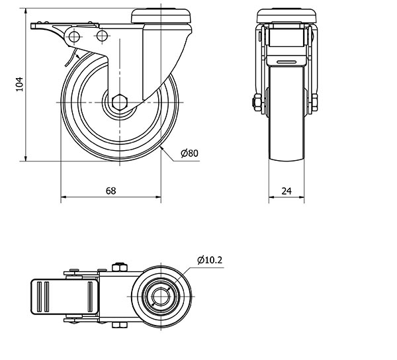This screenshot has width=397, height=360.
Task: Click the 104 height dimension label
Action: [x=19, y=84]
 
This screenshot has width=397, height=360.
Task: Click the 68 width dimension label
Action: [x=110, y=191]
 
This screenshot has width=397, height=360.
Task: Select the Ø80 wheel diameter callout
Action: [x=190, y=153]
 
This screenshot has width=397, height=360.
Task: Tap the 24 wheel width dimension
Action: [x=287, y=191]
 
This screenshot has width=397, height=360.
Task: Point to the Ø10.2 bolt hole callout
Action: [x=210, y=260]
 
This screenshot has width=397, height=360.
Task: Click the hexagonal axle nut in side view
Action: [x=120, y=103]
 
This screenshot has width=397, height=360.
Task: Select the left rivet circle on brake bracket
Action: [x=74, y=36]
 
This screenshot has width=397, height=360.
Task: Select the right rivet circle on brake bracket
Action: [x=102, y=36]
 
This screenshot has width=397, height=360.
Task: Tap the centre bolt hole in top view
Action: [x=161, y=296]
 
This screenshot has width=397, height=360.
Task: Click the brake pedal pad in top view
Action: [x=65, y=296]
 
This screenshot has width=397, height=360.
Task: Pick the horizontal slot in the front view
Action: [x=287, y=62]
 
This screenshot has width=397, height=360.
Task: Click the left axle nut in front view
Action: [x=257, y=103]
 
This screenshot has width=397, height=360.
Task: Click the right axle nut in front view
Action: [x=314, y=103]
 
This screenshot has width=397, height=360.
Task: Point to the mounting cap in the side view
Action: [x=161, y=16]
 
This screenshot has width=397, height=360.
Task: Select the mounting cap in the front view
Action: [x=287, y=16]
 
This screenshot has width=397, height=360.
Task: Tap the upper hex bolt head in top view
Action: [x=119, y=267]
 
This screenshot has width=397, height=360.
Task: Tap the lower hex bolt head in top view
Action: [x=119, y=325]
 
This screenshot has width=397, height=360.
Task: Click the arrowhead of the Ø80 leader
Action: [x=163, y=150]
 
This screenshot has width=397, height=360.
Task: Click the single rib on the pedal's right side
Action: [x=91, y=296]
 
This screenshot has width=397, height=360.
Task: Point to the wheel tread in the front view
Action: [x=287, y=113]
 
